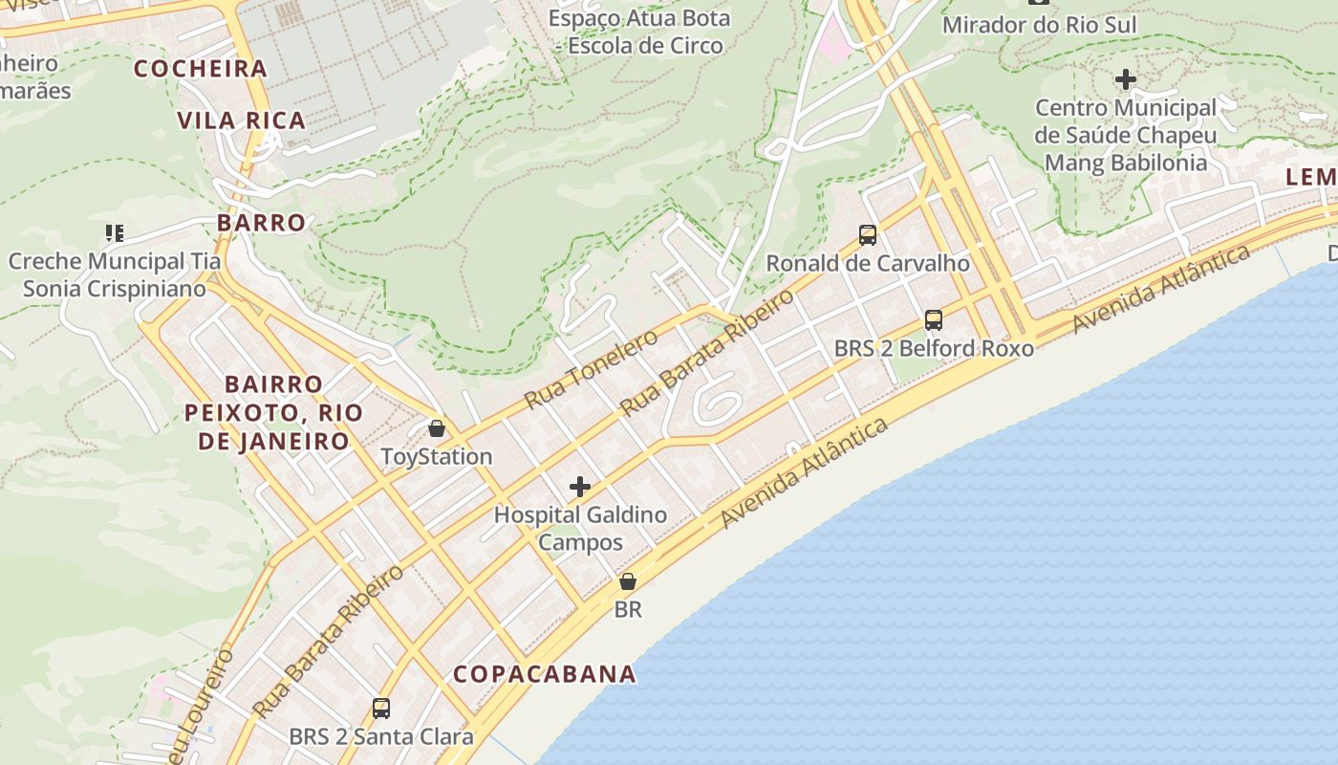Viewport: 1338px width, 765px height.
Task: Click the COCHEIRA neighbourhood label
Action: [201, 69]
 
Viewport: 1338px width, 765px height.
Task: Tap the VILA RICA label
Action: [241, 120]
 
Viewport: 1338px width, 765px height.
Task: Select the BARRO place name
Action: [261, 223]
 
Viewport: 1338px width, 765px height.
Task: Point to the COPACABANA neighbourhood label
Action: [545, 674]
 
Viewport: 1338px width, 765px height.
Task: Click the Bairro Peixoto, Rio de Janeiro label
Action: [273, 412]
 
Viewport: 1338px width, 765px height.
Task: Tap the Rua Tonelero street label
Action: [592, 369]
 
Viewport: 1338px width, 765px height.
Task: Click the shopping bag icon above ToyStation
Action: [437, 428]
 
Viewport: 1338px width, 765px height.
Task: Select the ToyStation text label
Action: [437, 457]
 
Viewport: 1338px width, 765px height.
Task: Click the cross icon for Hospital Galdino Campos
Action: [580, 487]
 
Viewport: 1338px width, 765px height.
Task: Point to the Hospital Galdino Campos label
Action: [580, 529]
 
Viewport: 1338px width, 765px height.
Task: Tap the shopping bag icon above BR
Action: [628, 581]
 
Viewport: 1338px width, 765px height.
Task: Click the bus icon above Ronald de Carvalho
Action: [868, 234]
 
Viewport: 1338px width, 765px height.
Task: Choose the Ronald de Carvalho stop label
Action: [868, 263]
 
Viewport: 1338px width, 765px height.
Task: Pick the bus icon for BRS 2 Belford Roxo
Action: [934, 320]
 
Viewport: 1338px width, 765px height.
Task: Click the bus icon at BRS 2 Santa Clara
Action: [381, 709]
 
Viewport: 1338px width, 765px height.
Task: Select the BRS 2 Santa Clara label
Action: [381, 737]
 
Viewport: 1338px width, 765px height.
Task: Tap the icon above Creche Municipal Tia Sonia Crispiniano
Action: [115, 232]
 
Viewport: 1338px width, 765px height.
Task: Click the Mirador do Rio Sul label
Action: [1040, 25]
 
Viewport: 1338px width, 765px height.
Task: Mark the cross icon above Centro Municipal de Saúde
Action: [1126, 78]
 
